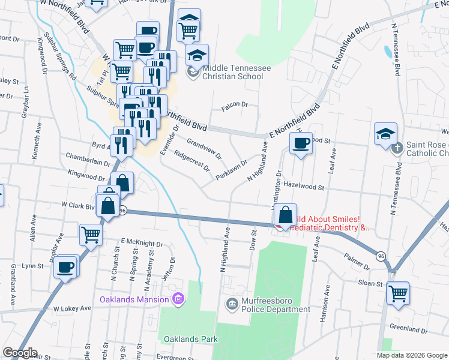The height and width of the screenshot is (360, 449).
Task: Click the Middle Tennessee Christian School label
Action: tap(236, 72)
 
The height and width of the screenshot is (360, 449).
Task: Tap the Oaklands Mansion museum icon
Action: tap(177, 299)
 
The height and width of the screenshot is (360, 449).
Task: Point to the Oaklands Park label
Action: tap(190, 339)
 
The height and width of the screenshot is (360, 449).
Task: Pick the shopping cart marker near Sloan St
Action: tap(398, 293)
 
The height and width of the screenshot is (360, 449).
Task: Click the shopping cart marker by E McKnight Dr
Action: tap(91, 234)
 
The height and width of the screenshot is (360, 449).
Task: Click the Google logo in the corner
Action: tap(19, 353)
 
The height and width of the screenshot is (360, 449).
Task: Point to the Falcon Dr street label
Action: tap(235, 104)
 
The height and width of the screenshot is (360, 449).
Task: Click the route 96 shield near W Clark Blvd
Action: tap(122, 211)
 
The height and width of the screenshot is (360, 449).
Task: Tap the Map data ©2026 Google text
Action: tap(412, 355)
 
